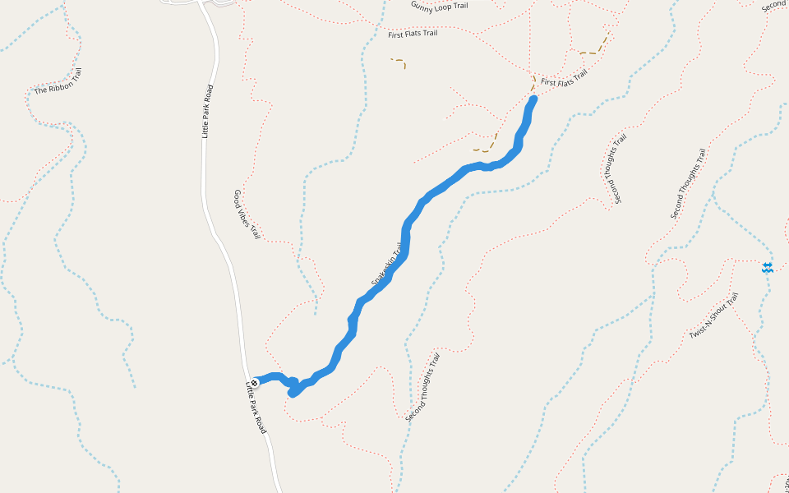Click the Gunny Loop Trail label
tap(439, 6)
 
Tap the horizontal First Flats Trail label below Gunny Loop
tap(413, 34)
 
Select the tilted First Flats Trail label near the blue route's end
tap(564, 78)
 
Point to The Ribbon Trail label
tap(58, 81)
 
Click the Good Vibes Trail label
tap(247, 214)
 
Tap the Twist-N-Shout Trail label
tap(714, 316)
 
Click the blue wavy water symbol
tap(767, 268)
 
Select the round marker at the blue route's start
tap(254, 382)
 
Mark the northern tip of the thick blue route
tap(533, 99)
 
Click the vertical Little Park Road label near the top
tap(208, 111)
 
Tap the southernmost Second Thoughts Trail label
tap(423, 388)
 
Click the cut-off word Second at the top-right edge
tap(774, 6)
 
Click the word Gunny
tap(422, 5)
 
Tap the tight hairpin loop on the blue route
tap(293, 388)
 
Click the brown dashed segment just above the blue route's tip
tap(533, 83)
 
